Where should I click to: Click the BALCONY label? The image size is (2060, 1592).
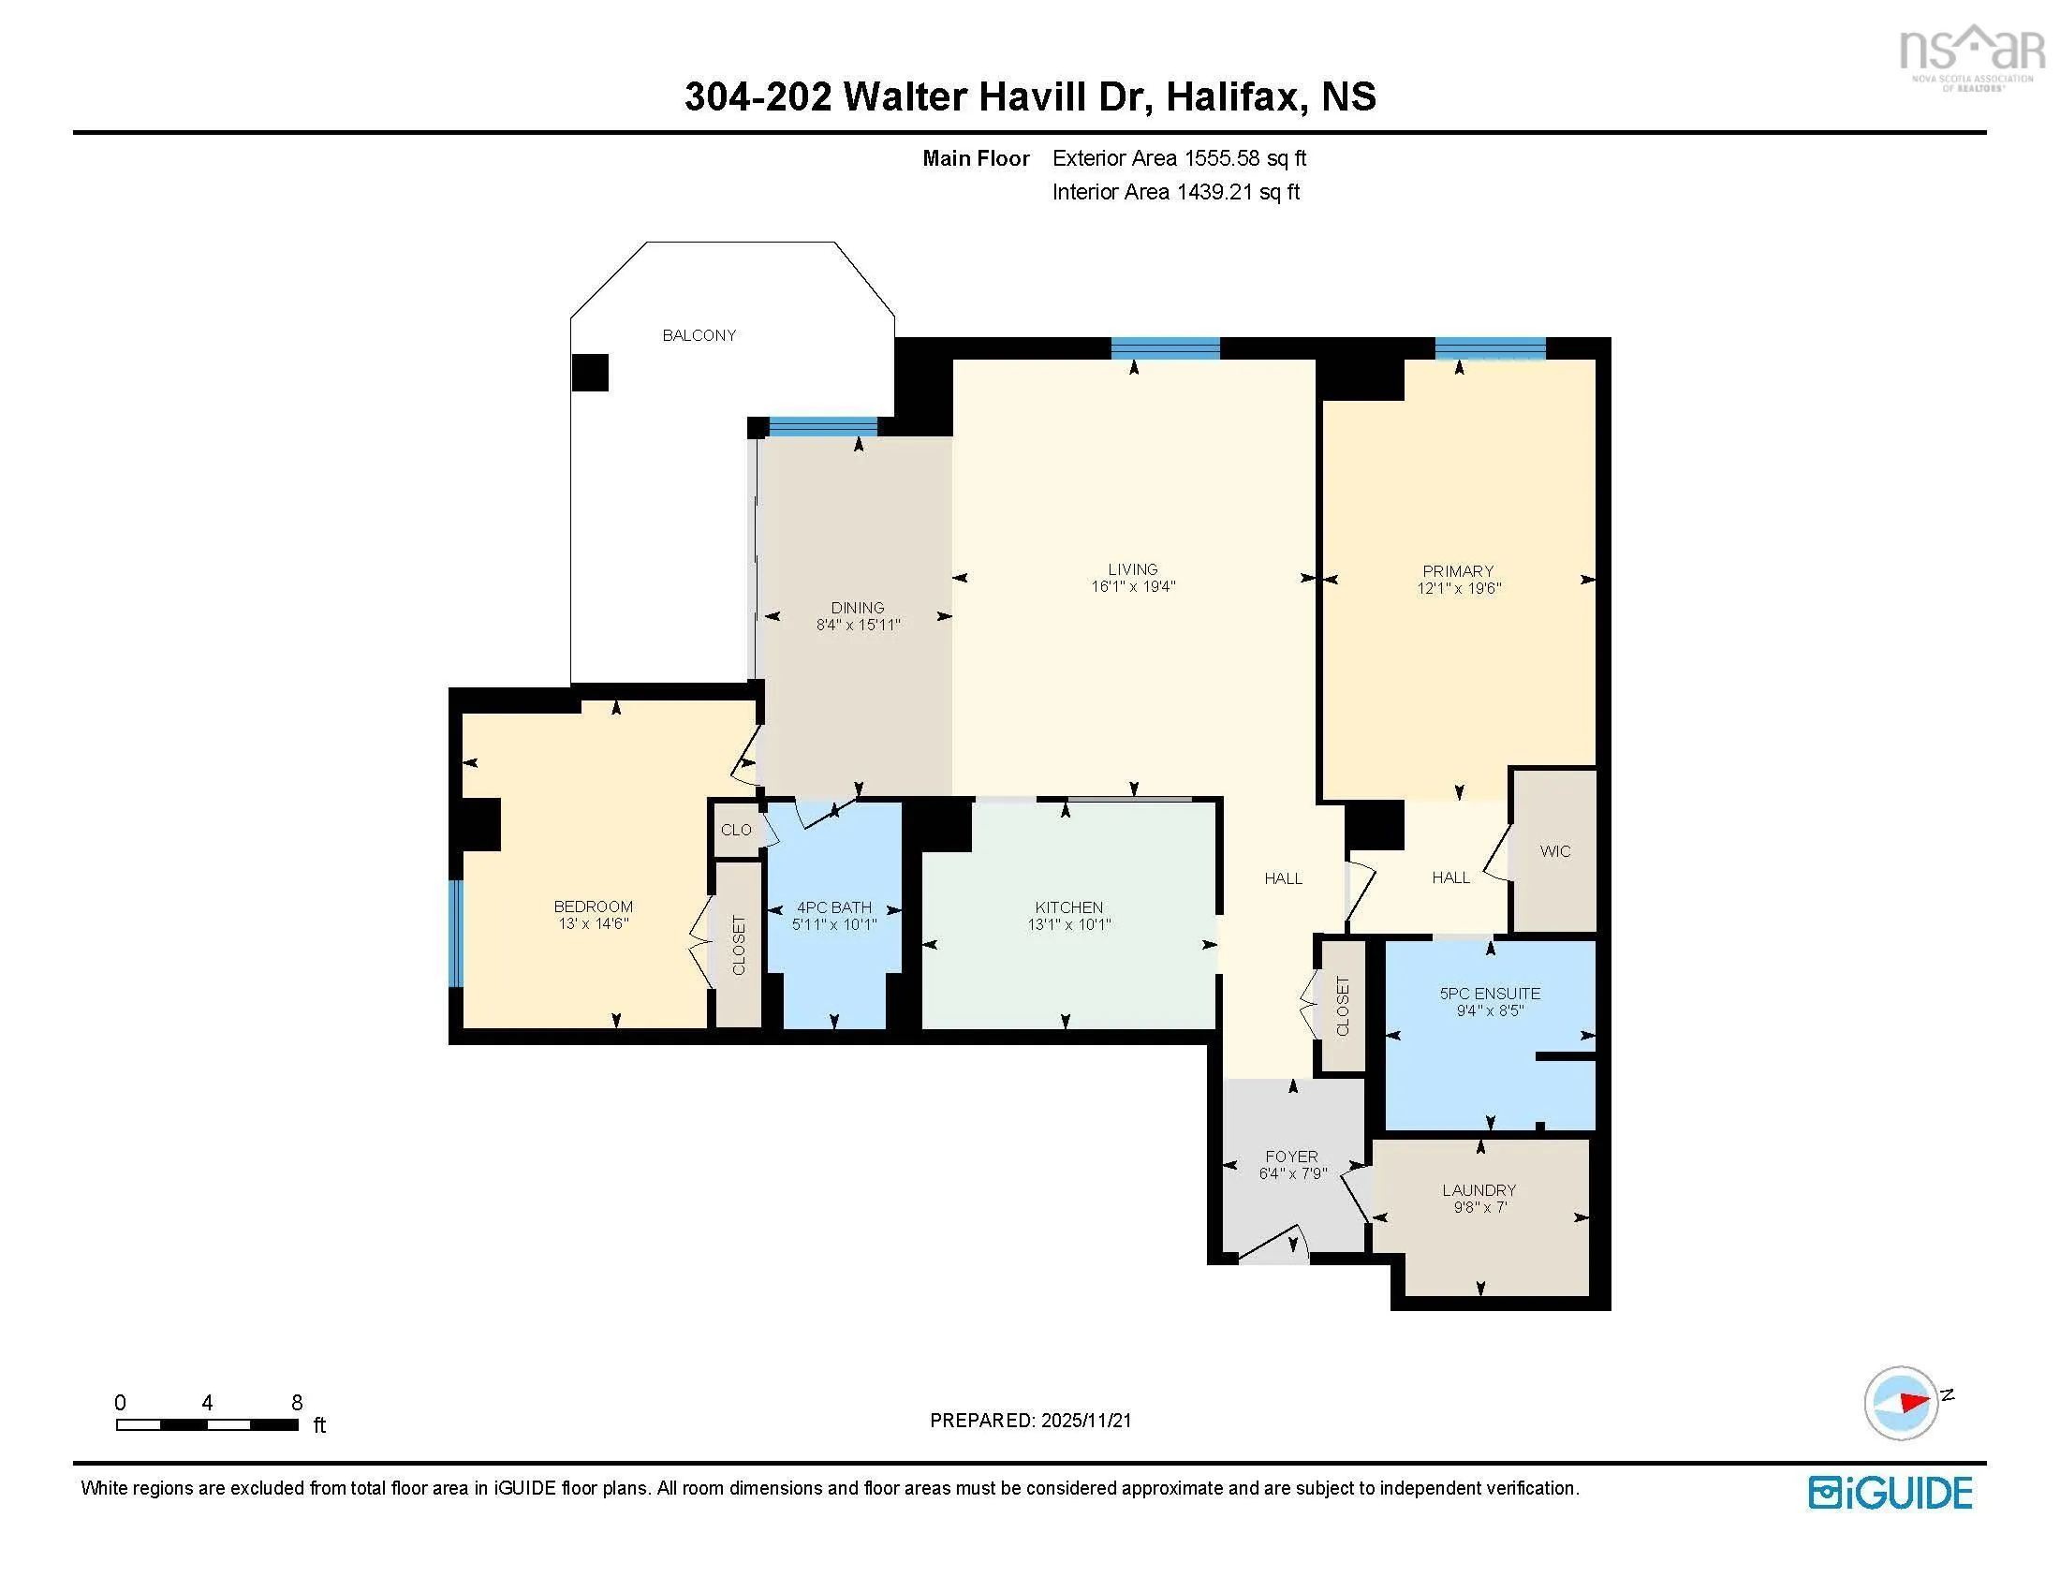[699, 335]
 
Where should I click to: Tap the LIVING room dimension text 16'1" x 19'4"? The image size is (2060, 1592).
[1133, 586]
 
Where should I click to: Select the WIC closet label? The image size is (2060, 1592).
[1555, 850]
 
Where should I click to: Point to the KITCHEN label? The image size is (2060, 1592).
[1068, 907]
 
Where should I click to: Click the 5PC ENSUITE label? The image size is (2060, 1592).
[1491, 993]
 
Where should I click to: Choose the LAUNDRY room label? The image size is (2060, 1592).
[1479, 1190]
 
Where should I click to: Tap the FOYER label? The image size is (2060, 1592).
[1292, 1157]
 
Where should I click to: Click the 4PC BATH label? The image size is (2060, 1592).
[834, 907]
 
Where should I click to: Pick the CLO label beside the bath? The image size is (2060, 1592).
[736, 830]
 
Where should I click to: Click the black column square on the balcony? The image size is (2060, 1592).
[591, 373]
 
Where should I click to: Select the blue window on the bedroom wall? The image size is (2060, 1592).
[456, 933]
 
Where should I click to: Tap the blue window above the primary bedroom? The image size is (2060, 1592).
[1491, 348]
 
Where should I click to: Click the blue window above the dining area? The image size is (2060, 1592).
[823, 426]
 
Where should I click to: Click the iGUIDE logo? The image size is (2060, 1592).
[1891, 1493]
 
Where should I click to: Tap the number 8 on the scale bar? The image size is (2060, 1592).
[297, 1403]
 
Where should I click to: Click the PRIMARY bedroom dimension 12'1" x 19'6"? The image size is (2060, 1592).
[1458, 588]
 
